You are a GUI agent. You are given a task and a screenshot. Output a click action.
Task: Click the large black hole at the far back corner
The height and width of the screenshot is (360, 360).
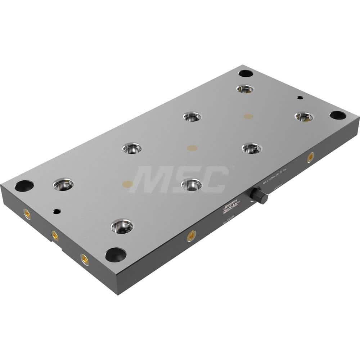pyautogui.click(x=246, y=73)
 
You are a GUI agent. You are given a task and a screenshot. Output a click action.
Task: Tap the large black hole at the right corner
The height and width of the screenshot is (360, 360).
pyautogui.click(x=337, y=115)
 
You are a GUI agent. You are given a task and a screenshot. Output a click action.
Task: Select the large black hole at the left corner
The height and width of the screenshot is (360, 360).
pyautogui.click(x=24, y=186)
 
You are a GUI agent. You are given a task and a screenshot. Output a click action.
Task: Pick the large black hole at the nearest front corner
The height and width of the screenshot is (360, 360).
pyautogui.click(x=115, y=255)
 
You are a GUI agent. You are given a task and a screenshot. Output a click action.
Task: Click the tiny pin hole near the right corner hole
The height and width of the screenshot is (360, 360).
pyautogui.click(x=299, y=97)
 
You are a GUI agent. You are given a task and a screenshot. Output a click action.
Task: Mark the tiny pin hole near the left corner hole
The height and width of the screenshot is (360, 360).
pyautogui.click(x=55, y=211)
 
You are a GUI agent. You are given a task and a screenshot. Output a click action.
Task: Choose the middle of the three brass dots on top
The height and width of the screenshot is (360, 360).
pyautogui.click(x=192, y=148)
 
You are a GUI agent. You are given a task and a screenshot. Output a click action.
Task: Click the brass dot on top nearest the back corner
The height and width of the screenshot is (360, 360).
pyautogui.click(x=248, y=116)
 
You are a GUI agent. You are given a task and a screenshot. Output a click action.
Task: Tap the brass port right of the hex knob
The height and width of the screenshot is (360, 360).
pyautogui.click(x=310, y=157)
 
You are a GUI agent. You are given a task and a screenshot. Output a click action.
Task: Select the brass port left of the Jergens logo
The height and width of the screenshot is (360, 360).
pyautogui.click(x=191, y=236)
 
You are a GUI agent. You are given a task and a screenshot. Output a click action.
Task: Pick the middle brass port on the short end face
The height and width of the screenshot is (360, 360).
pyautogui.click(x=55, y=235)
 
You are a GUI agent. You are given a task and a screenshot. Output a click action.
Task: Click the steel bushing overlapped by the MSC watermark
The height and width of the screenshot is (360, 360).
pyautogui.click(x=192, y=185)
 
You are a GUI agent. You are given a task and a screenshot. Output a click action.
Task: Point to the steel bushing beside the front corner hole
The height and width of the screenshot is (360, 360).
pyautogui.click(x=122, y=226)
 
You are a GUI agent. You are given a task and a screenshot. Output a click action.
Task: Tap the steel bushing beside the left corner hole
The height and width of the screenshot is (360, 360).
pyautogui.click(x=63, y=185)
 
